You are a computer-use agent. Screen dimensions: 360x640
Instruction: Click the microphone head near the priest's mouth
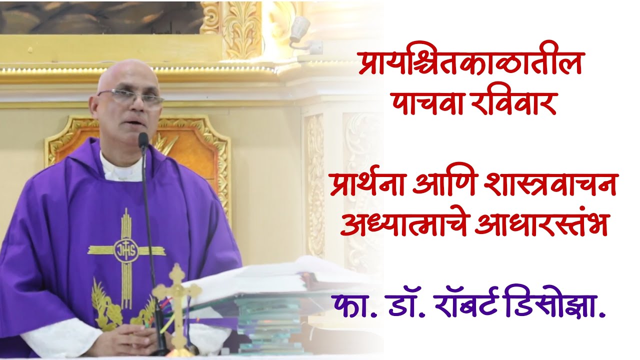point(143,140)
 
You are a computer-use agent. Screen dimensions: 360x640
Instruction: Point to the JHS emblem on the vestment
point(126,249)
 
